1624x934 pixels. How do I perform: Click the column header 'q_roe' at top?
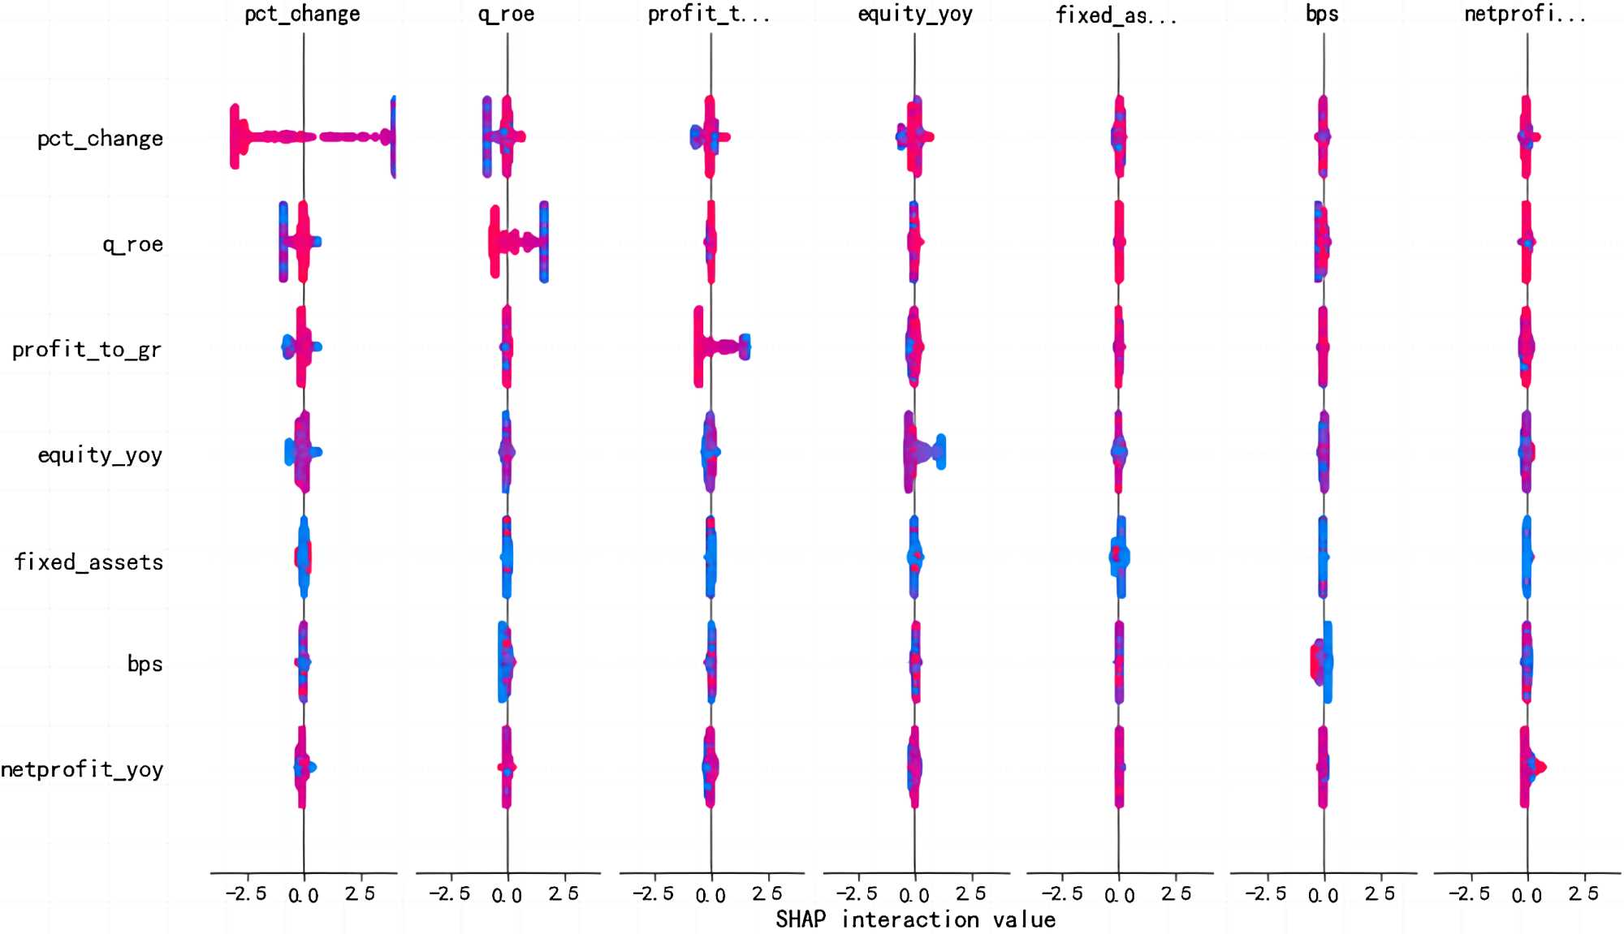tap(506, 15)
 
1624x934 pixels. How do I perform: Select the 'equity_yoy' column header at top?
tap(914, 15)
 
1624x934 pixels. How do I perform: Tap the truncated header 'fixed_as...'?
tap(1116, 15)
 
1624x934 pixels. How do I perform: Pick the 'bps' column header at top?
tap(1322, 15)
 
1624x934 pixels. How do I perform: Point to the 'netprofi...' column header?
tap(1525, 15)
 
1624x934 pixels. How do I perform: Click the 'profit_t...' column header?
tap(708, 15)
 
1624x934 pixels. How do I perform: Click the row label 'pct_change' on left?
tap(100, 139)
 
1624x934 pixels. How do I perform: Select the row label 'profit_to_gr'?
tap(87, 350)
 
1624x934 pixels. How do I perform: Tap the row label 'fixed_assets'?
tap(89, 562)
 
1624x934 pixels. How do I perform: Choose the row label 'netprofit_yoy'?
tap(82, 769)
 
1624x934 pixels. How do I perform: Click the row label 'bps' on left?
tap(145, 664)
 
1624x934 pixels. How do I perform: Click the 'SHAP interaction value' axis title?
tap(915, 919)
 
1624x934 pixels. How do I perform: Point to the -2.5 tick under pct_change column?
tap(246, 894)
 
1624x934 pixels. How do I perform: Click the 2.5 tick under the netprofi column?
tap(1583, 894)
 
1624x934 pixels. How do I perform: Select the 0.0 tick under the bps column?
tap(1323, 896)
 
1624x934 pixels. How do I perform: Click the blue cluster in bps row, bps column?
tap(1328, 661)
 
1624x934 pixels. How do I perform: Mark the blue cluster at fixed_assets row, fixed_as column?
tap(1120, 557)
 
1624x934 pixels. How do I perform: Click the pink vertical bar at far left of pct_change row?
tap(235, 136)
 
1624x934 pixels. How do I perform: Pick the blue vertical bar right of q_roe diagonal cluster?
tap(544, 242)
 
